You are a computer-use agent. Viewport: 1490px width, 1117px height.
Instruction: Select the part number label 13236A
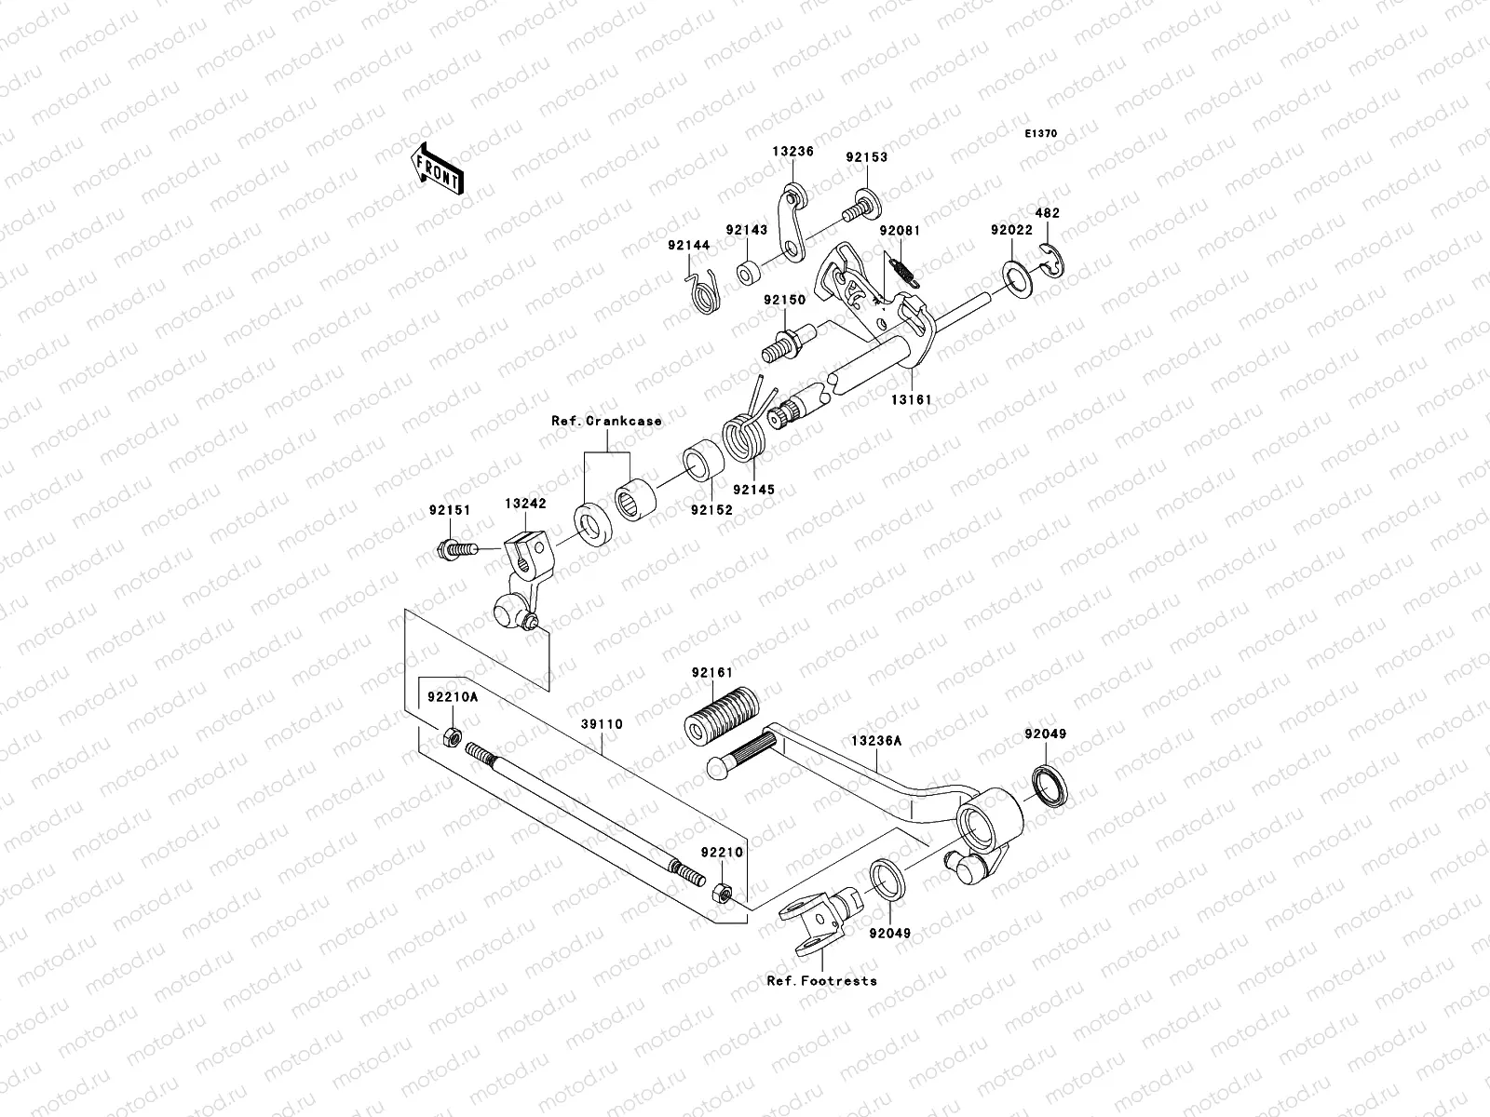[875, 741]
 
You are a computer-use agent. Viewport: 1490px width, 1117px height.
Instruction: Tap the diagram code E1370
[1041, 134]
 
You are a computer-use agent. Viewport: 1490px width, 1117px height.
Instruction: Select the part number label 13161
[910, 399]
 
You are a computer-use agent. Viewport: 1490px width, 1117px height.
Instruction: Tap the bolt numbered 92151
[454, 548]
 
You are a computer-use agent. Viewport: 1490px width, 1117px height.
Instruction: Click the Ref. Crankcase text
[606, 421]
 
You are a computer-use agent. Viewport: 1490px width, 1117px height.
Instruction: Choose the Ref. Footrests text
[821, 980]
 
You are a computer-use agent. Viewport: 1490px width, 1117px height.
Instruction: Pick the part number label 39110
[603, 723]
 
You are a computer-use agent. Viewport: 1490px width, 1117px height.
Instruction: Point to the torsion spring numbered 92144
[706, 291]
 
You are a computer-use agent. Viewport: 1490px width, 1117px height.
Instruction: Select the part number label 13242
[525, 504]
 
